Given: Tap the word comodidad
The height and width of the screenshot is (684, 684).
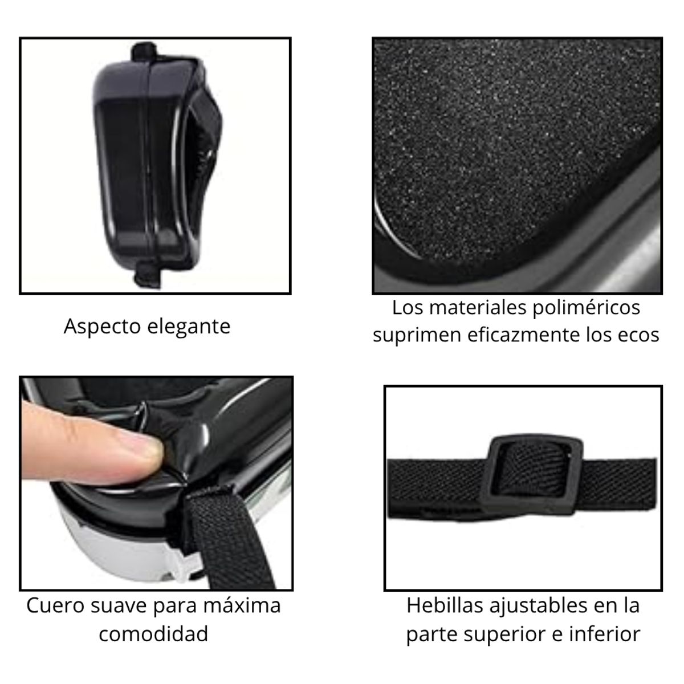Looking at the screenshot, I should pyautogui.click(x=153, y=633).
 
